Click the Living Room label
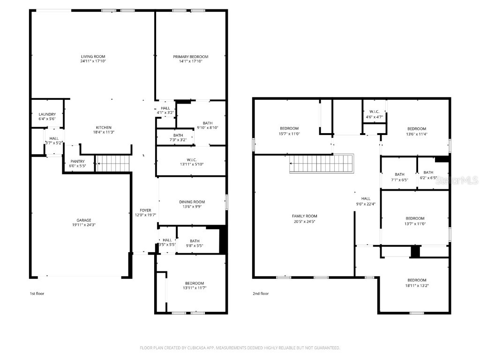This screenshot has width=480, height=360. point(93,57)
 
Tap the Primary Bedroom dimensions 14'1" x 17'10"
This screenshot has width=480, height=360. point(191,61)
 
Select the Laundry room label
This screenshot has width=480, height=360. point(47,114)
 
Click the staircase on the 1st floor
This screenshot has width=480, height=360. point(112,164)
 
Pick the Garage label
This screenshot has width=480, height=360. point(84,220)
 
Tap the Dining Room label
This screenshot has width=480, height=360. point(192,202)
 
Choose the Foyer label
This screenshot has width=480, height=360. point(145,210)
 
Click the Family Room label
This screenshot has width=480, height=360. point(305,216)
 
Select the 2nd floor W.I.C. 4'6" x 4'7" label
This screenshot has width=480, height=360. point(374,112)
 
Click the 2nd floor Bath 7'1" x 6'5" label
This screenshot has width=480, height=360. point(399,174)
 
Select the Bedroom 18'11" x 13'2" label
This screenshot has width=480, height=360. point(416,280)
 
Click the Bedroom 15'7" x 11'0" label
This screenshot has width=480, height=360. point(289,128)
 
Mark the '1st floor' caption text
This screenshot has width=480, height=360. point(37,294)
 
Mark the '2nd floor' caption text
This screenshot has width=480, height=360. point(261,294)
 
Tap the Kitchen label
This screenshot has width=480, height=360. point(104,127)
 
